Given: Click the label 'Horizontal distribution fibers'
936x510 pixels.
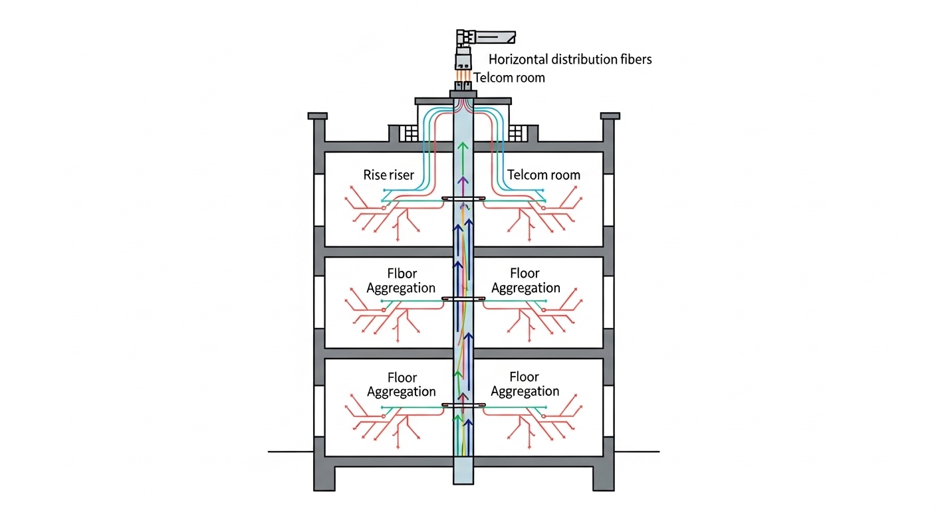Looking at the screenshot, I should (570, 59).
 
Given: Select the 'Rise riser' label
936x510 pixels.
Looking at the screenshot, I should (389, 175).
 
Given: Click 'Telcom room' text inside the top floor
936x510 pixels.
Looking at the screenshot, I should (543, 175).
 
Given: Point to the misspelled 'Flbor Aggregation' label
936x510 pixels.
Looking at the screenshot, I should (401, 280).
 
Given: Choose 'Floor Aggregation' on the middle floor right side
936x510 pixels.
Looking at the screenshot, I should (525, 280).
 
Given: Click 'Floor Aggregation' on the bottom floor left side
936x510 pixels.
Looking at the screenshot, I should (402, 384).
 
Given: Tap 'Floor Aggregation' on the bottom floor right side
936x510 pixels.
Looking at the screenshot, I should (525, 384).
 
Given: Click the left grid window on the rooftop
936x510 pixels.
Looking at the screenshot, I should (411, 133).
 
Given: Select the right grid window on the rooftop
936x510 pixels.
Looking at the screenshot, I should (516, 133).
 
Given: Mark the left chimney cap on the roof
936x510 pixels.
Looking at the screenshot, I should (318, 116).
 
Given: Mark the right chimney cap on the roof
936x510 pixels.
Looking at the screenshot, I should (610, 116).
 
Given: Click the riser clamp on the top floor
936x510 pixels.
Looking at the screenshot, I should (463, 199).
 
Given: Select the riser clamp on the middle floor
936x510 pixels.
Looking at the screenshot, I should (463, 299).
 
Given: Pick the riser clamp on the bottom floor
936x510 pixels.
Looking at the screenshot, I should (463, 404).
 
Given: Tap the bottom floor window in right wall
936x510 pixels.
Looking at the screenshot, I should (609, 411).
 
